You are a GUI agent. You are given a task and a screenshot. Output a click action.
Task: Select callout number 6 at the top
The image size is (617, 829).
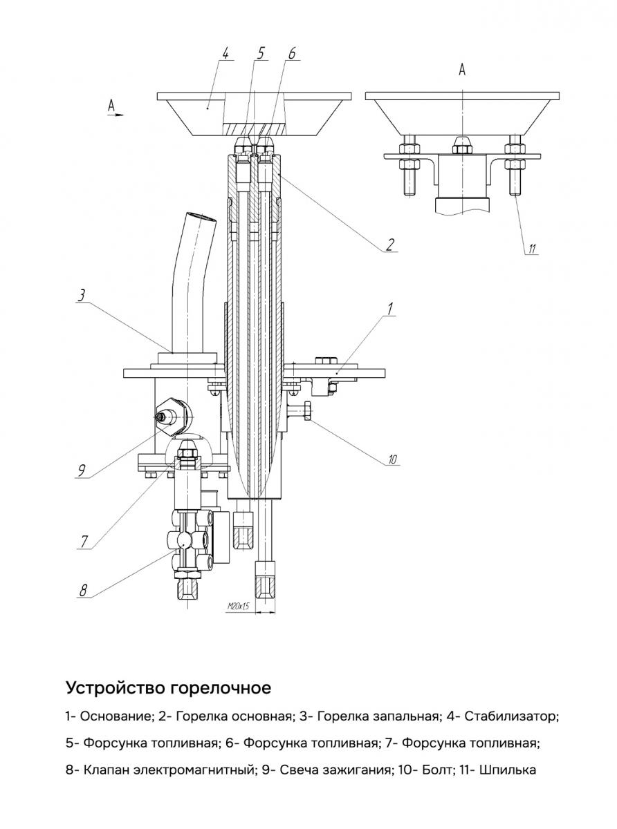coord(291,53)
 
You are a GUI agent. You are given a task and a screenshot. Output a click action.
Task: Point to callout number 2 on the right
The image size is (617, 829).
coord(391,244)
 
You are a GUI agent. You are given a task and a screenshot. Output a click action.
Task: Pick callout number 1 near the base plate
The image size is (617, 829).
coord(391,309)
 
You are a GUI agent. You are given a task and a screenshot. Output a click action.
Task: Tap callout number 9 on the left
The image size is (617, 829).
coord(81,471)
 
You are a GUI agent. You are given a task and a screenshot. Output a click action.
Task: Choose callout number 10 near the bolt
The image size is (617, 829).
coord(392,459)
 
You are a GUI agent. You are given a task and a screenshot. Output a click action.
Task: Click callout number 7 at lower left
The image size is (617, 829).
coord(83,541)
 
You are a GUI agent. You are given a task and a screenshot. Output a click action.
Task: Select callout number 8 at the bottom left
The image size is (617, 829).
coord(84,590)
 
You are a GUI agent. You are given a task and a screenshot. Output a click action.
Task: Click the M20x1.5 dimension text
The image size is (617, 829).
coord(238,606)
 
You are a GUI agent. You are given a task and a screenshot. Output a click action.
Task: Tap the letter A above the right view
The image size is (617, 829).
coord(463,69)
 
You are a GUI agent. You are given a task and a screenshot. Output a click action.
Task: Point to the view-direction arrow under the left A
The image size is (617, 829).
coord(116,115)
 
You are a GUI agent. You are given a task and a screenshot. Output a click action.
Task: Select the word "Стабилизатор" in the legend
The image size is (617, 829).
coord(510,716)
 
